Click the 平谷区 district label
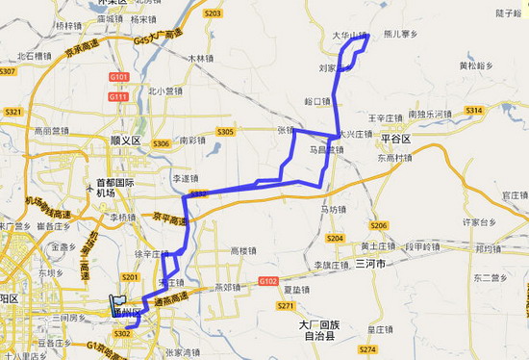(x=393, y=140)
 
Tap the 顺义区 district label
(x=125, y=140)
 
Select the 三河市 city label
(x=369, y=262)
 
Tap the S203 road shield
(x=213, y=13)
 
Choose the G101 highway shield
(x=119, y=76)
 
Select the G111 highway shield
(x=118, y=96)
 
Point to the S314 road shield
(x=473, y=112)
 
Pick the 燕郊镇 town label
(x=227, y=286)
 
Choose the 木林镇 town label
(x=201, y=58)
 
